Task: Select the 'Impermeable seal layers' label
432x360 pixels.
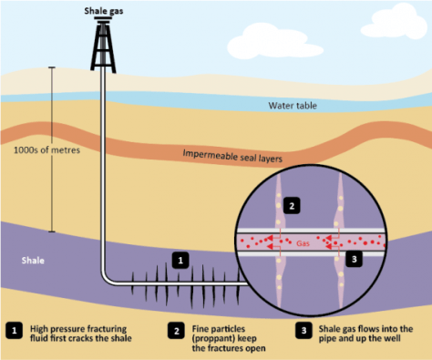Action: coord(232,156)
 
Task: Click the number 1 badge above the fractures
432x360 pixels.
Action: coord(180,261)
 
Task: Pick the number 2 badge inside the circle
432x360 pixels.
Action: coord(292,205)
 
